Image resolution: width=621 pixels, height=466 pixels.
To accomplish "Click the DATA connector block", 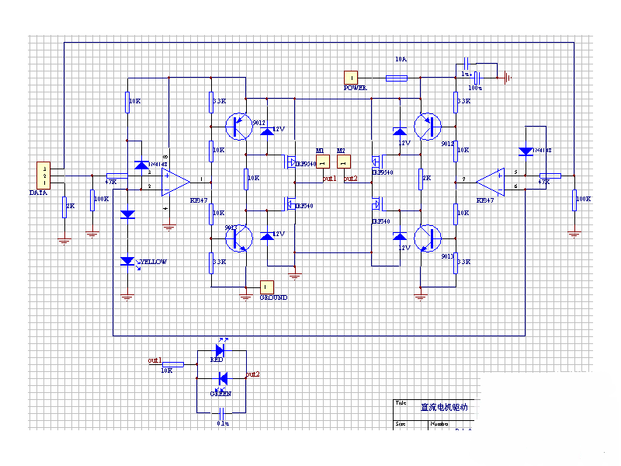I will (45, 176).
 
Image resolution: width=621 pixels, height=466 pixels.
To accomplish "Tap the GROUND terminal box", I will (267, 287).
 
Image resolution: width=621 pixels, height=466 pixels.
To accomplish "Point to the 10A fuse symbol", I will (397, 78).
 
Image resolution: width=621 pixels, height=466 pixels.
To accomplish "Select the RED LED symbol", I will (220, 350).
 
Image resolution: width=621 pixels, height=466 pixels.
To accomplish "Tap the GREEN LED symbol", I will (221, 378).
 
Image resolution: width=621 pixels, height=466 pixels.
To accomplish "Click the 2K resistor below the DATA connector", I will (64, 207).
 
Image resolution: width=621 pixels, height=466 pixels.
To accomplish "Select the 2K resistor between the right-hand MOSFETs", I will (421, 178).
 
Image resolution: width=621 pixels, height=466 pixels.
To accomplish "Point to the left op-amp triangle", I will (175, 182).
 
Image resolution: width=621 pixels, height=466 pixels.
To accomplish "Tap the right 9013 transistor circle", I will (427, 238).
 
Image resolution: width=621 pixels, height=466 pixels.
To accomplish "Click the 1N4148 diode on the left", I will (141, 165).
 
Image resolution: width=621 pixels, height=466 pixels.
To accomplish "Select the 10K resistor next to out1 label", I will (172, 363).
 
